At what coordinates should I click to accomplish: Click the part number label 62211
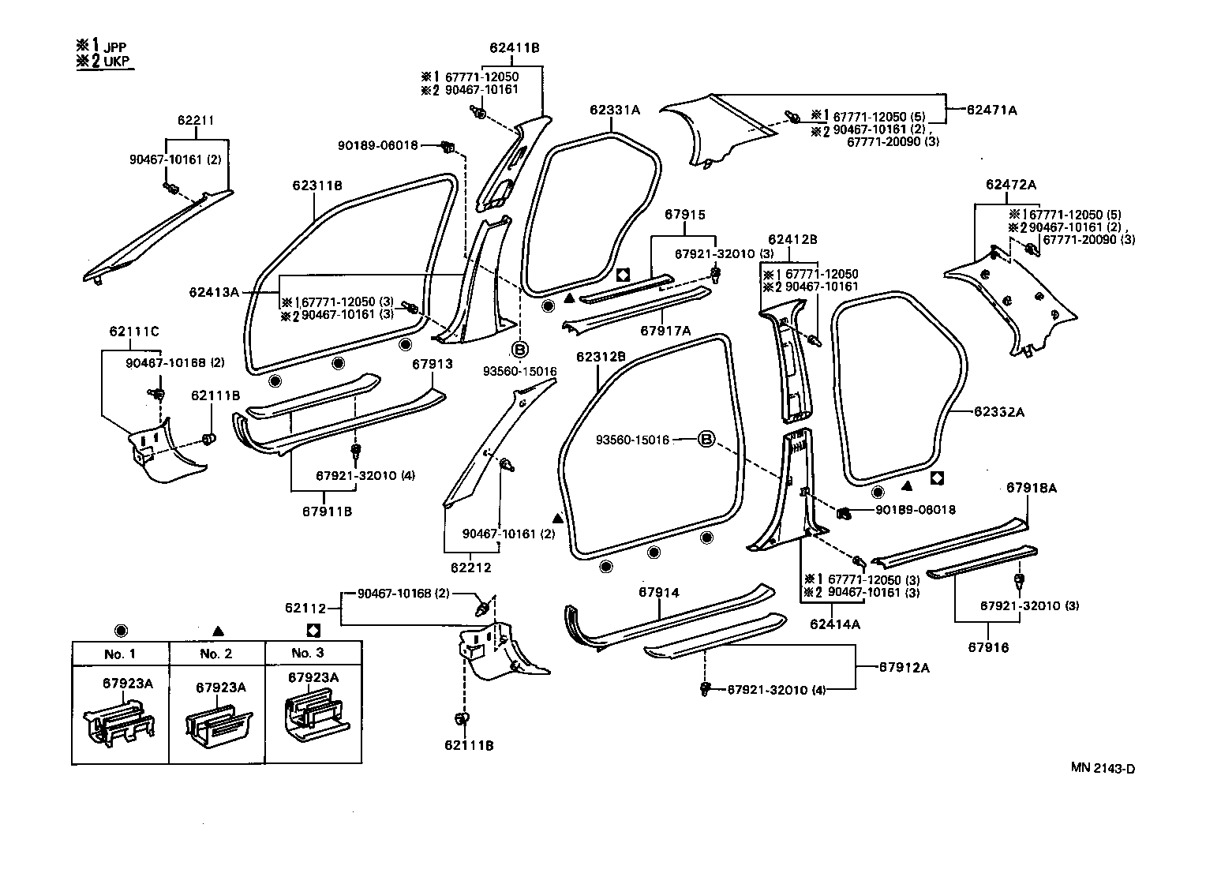point(196,121)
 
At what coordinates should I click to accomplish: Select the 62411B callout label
point(514,47)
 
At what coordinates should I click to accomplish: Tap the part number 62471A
point(992,111)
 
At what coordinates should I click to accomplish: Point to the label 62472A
point(1010,185)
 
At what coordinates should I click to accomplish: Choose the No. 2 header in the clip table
point(216,654)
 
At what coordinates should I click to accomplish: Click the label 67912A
point(904,668)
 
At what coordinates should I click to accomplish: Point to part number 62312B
point(601,357)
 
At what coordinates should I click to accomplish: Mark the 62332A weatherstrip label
point(998,411)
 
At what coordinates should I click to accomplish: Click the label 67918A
point(1031,488)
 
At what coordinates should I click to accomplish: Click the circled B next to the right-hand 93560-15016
point(706,440)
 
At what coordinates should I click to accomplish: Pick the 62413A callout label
point(213,291)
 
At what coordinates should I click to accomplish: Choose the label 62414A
point(834,624)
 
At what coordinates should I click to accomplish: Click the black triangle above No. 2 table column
point(219,631)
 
